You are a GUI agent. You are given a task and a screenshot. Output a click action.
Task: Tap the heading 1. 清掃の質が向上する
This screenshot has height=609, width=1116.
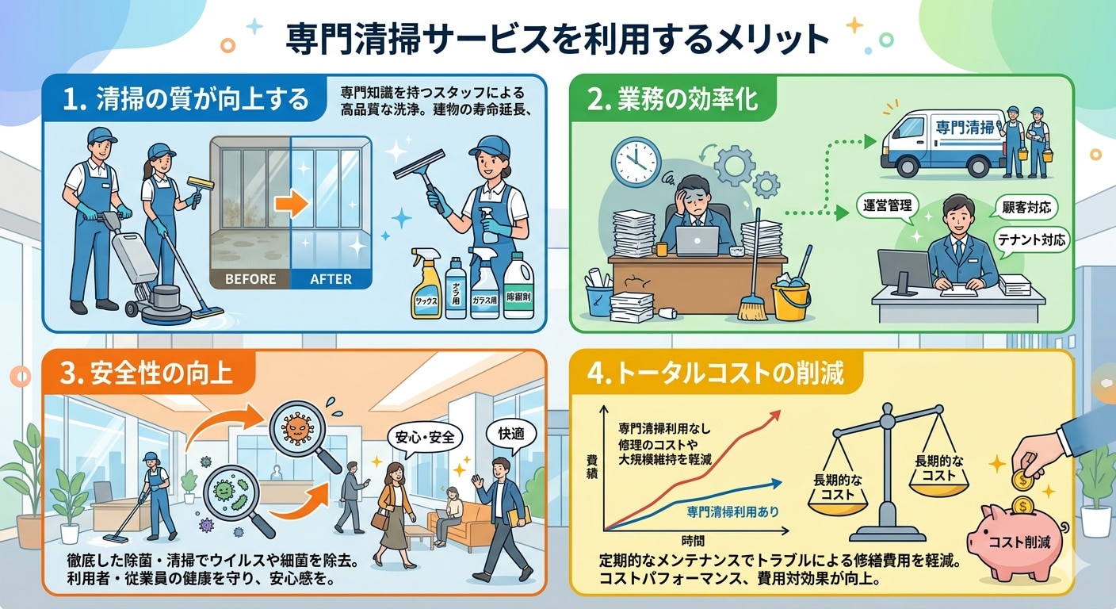point(190,100)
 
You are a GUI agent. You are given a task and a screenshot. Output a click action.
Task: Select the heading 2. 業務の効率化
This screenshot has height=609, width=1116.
point(672,100)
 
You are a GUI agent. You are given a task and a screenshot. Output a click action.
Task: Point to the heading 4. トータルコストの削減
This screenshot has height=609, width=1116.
point(718,373)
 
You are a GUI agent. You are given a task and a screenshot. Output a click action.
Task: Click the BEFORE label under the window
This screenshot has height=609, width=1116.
point(250,279)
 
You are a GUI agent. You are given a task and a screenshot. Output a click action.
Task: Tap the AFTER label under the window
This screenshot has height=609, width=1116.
point(331,279)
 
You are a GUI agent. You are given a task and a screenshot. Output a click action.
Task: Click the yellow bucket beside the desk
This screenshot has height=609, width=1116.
point(790,298)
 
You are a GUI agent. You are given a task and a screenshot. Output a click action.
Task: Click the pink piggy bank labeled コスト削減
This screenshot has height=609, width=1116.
point(1023,538)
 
